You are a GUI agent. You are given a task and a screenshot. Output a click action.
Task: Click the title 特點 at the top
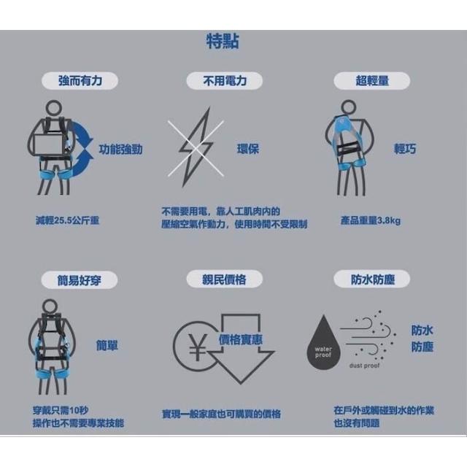pyautogui.click(x=223, y=41)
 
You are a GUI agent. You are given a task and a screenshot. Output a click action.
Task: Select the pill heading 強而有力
pyautogui.click(x=80, y=81)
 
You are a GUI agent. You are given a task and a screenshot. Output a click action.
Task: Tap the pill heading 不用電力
pyautogui.click(x=225, y=81)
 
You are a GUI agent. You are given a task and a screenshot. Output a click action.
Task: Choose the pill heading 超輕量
pyautogui.click(x=371, y=81)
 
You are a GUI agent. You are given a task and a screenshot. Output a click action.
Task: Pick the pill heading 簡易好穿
pyautogui.click(x=80, y=280)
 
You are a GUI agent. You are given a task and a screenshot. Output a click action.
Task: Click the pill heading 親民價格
pyautogui.click(x=225, y=279)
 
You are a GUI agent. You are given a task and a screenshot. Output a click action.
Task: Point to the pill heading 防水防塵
pyautogui.click(x=371, y=279)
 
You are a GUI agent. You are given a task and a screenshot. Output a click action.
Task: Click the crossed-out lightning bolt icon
pyautogui.click(x=196, y=147)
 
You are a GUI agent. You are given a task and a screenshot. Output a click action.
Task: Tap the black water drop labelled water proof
pyautogui.click(x=323, y=342)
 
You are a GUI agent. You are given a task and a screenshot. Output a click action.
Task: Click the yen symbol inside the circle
pyautogui.click(x=198, y=347)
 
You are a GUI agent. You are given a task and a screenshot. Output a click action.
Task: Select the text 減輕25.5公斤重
pyautogui.click(x=67, y=220)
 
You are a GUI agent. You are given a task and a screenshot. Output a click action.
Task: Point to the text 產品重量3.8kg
pyautogui.click(x=371, y=220)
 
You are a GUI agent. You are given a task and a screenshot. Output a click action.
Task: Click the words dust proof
pyautogui.click(x=364, y=366)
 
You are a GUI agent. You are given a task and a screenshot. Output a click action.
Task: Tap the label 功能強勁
pyautogui.click(x=120, y=149)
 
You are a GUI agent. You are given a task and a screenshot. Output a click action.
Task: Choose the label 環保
pyautogui.click(x=248, y=149)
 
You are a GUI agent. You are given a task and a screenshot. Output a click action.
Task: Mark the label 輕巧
pyautogui.click(x=405, y=149)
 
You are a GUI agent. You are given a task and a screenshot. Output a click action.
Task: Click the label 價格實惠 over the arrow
pyautogui.click(x=241, y=339)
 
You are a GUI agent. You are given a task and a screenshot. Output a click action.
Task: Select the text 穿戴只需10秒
pyautogui.click(x=61, y=410)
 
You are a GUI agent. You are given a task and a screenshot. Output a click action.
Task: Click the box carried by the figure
pyautogui.click(x=50, y=144)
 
